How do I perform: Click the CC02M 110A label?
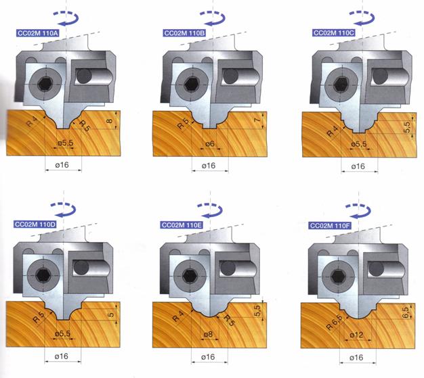(37, 33)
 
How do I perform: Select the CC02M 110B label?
(184, 33)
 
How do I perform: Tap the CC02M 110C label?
(333, 33)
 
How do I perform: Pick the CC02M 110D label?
(35, 225)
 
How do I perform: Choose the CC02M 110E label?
(182, 225)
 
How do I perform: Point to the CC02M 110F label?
(330, 225)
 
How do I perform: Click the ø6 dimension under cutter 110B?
(210, 144)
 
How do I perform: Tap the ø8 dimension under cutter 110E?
(208, 335)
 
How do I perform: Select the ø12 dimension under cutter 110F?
(356, 335)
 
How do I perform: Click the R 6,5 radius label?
(334, 322)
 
